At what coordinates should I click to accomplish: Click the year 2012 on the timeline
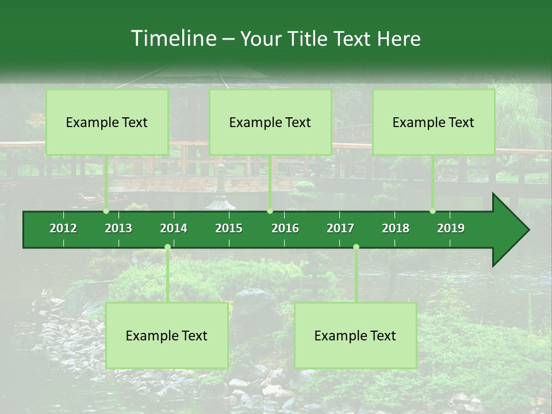click(x=63, y=228)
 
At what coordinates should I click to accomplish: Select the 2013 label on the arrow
click(x=118, y=228)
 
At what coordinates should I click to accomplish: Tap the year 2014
click(x=174, y=228)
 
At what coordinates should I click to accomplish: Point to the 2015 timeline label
click(x=229, y=228)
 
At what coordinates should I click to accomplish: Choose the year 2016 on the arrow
click(x=285, y=228)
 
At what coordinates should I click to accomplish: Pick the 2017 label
click(x=340, y=228)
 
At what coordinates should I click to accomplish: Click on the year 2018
click(x=396, y=228)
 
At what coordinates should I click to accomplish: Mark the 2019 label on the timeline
click(x=451, y=228)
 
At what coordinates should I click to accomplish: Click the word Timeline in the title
click(x=173, y=39)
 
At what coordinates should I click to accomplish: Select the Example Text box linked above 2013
click(x=107, y=122)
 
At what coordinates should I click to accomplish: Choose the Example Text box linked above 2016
click(x=270, y=122)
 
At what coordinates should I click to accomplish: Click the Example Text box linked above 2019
click(x=434, y=122)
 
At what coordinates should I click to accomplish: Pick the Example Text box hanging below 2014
click(x=167, y=335)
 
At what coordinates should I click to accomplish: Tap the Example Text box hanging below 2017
click(x=355, y=335)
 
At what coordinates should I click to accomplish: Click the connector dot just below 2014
click(x=167, y=247)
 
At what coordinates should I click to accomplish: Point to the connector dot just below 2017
click(x=356, y=247)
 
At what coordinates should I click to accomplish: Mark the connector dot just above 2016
click(x=270, y=211)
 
